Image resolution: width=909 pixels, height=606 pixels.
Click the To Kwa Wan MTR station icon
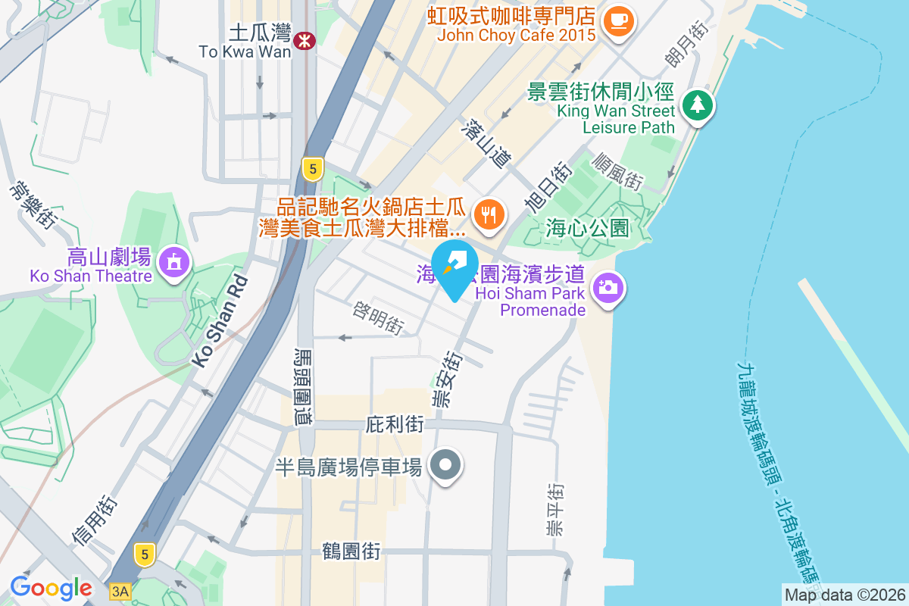tap(305, 39)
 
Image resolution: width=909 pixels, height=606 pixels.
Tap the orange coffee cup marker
tap(618, 20)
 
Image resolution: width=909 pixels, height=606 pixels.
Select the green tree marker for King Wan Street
tap(695, 105)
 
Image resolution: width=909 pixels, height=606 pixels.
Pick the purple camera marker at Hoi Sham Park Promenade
tap(607, 288)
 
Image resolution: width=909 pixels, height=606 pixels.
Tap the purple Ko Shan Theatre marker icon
tap(175, 263)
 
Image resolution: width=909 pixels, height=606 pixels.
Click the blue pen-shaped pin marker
tap(454, 265)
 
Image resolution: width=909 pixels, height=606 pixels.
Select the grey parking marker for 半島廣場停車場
tap(445, 464)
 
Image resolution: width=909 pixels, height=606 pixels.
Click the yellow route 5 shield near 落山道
tap(312, 168)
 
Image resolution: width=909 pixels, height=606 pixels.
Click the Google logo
tap(51, 588)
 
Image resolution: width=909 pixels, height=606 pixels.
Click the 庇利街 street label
tap(394, 424)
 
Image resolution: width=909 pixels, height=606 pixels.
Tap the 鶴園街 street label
tap(351, 551)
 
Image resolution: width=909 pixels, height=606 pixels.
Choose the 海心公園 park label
tap(587, 227)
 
